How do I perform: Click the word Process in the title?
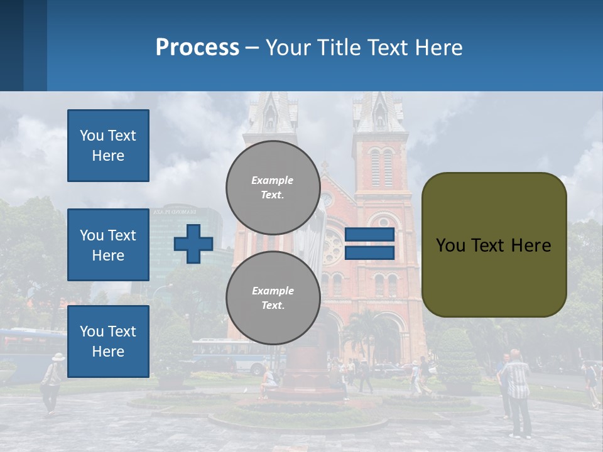(x=197, y=47)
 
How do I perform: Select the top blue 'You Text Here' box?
(x=108, y=146)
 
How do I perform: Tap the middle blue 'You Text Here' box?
(x=108, y=245)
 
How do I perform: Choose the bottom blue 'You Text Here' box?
(x=108, y=342)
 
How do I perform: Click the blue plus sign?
(x=193, y=244)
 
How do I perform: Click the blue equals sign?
(x=369, y=244)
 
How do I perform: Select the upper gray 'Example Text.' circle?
(x=273, y=187)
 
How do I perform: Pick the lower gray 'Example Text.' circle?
(x=273, y=298)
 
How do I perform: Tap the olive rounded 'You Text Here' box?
(x=494, y=245)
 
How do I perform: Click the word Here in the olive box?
(x=529, y=245)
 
